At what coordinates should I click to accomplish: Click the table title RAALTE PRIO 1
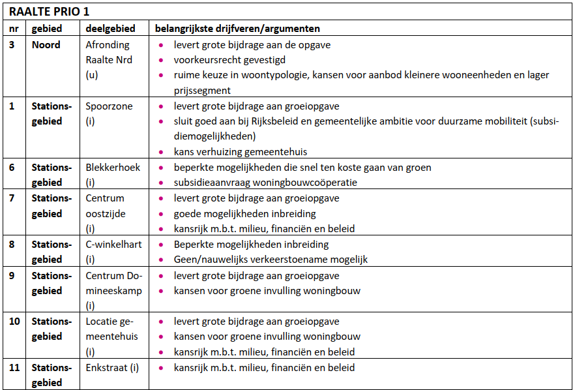point(49,12)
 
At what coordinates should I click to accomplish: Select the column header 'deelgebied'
point(110,29)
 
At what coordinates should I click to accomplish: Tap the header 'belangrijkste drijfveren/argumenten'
point(237,29)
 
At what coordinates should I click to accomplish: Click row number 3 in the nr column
point(12,45)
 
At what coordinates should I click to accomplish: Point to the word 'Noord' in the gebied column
point(46,45)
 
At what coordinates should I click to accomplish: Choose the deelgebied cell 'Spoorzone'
point(109,106)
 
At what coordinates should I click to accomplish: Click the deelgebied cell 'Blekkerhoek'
point(113,168)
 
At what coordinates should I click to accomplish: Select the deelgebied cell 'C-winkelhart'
point(113,245)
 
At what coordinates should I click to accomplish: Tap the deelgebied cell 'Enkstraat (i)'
point(112,368)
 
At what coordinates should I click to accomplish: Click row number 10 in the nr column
point(14,322)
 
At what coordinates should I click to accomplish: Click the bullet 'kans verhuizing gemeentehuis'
point(240,152)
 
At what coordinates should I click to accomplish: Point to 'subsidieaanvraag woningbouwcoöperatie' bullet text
point(265,183)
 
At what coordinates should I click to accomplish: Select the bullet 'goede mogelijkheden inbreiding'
point(244,213)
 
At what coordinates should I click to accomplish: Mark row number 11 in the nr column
point(14,368)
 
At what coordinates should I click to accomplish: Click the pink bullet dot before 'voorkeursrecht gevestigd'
point(161,61)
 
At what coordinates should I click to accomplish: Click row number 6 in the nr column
point(12,168)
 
